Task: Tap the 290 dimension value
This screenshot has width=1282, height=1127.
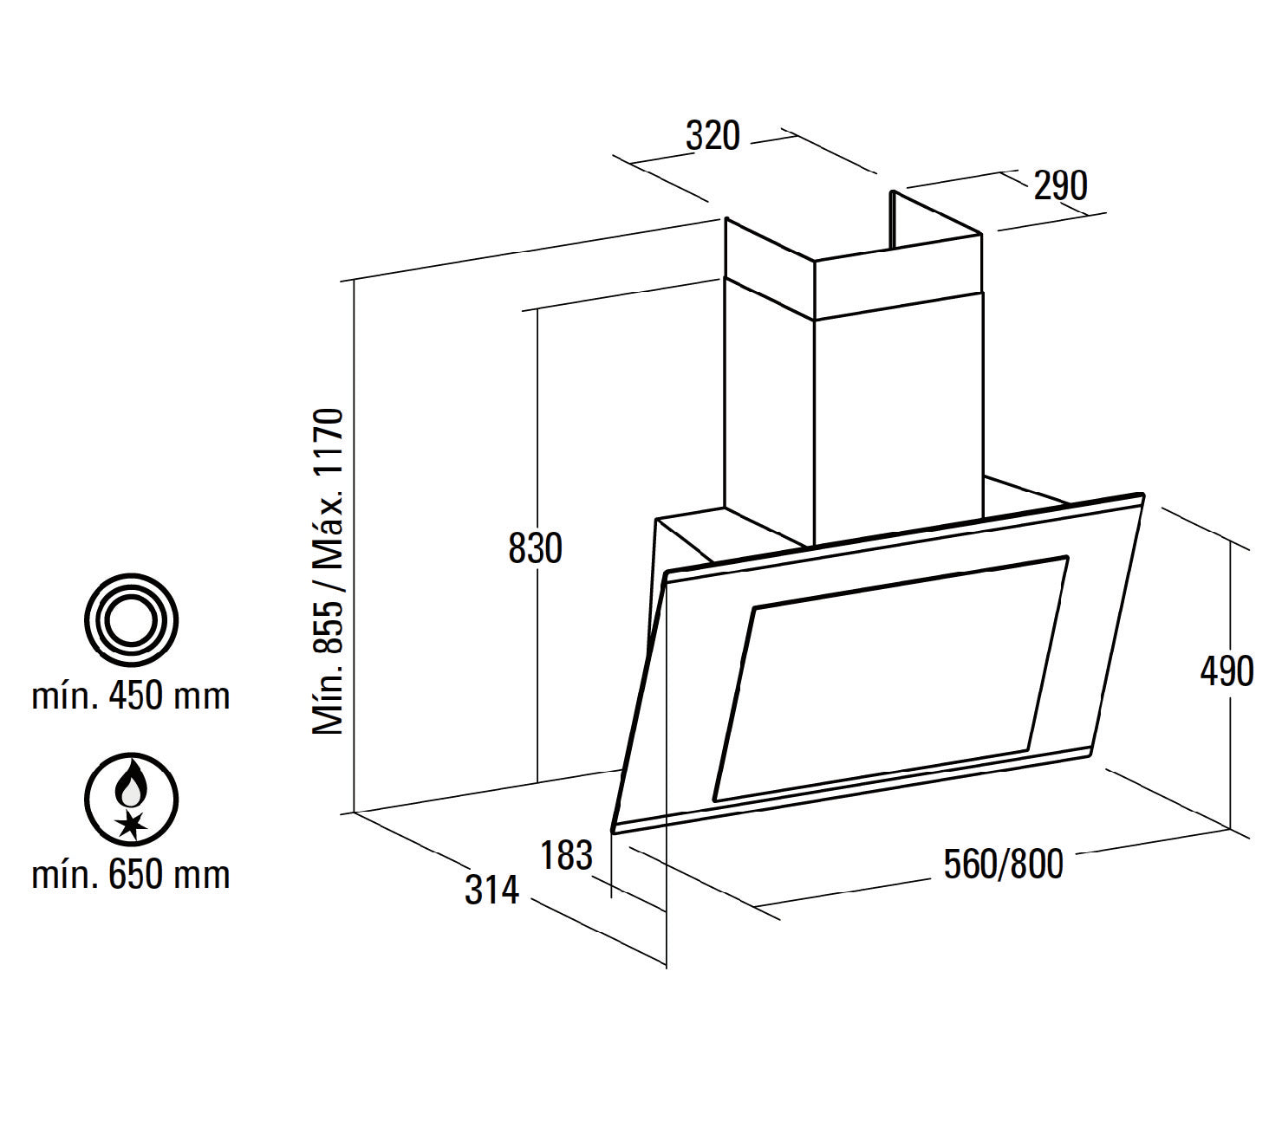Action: point(1060,185)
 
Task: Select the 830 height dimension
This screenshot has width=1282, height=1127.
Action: point(535,548)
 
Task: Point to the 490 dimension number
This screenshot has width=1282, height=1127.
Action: point(1227,671)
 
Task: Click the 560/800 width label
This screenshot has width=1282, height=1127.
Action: point(1004,864)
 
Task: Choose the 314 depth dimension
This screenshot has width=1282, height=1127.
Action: point(491,889)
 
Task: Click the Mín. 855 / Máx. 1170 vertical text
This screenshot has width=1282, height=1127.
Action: point(329,571)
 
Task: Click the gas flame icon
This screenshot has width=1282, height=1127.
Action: point(132,800)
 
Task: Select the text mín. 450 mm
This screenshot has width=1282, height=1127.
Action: point(131,697)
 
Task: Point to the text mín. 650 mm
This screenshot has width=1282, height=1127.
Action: point(131,875)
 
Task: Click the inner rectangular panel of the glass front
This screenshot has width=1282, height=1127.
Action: point(891,678)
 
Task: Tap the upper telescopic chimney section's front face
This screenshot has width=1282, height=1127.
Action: point(898,276)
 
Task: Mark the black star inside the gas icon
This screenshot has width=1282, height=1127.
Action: point(132,824)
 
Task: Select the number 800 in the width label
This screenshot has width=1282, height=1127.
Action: point(1036,864)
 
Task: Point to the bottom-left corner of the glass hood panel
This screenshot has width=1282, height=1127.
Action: point(613,830)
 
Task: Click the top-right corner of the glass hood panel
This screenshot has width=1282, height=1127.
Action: point(1142,494)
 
